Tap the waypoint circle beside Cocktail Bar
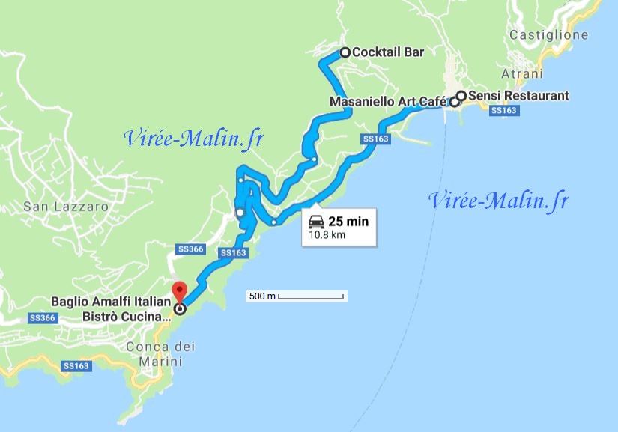(x=345, y=52)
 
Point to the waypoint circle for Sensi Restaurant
(x=461, y=96)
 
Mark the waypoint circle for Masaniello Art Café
(x=454, y=103)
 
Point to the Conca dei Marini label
(x=160, y=353)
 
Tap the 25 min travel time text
(x=348, y=222)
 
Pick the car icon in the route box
(x=317, y=222)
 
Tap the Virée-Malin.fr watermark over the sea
(x=498, y=201)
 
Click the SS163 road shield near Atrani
(x=503, y=110)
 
